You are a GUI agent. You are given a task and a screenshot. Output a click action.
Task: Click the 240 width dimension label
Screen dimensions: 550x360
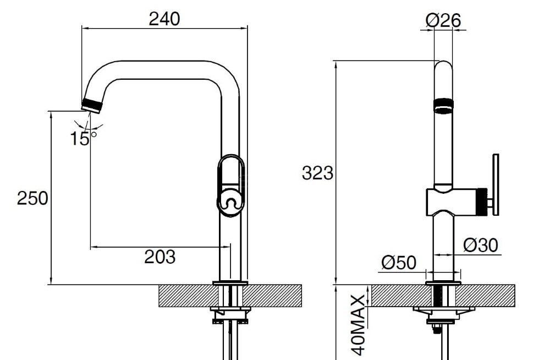coord(164,19)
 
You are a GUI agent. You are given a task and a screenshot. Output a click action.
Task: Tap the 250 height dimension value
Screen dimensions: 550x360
coord(32,198)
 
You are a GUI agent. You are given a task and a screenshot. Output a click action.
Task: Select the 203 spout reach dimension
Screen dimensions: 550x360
coord(159,257)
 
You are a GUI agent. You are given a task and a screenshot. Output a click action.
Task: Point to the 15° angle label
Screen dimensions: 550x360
coord(83,138)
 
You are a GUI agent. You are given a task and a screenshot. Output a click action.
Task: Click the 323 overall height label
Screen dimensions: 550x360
coord(317,173)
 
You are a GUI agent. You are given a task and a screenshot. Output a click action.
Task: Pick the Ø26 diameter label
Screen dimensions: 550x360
coord(443,20)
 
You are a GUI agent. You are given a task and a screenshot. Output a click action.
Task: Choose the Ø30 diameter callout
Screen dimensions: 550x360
coord(481,245)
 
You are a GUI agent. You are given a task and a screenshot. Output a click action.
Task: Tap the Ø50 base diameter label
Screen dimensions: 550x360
coord(399,262)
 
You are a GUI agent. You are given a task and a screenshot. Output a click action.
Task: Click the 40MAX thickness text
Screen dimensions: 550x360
coord(359,325)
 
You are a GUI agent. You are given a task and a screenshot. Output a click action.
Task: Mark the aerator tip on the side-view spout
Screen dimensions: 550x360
coord(92,106)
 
